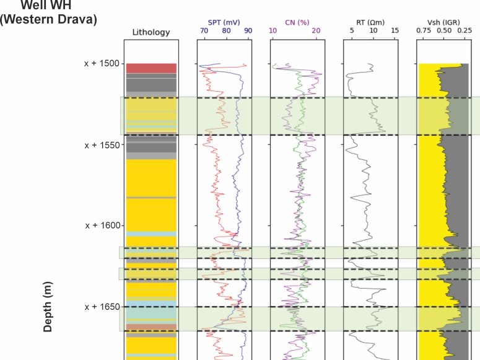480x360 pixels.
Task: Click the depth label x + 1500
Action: click(x=102, y=63)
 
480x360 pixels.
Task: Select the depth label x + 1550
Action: click(x=102, y=144)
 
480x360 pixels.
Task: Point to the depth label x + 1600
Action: click(x=102, y=226)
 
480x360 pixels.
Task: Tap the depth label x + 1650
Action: click(x=102, y=307)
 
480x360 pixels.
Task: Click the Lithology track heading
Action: click(x=151, y=32)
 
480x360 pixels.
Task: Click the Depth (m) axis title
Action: click(x=48, y=307)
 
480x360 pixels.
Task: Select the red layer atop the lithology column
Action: click(x=151, y=68)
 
